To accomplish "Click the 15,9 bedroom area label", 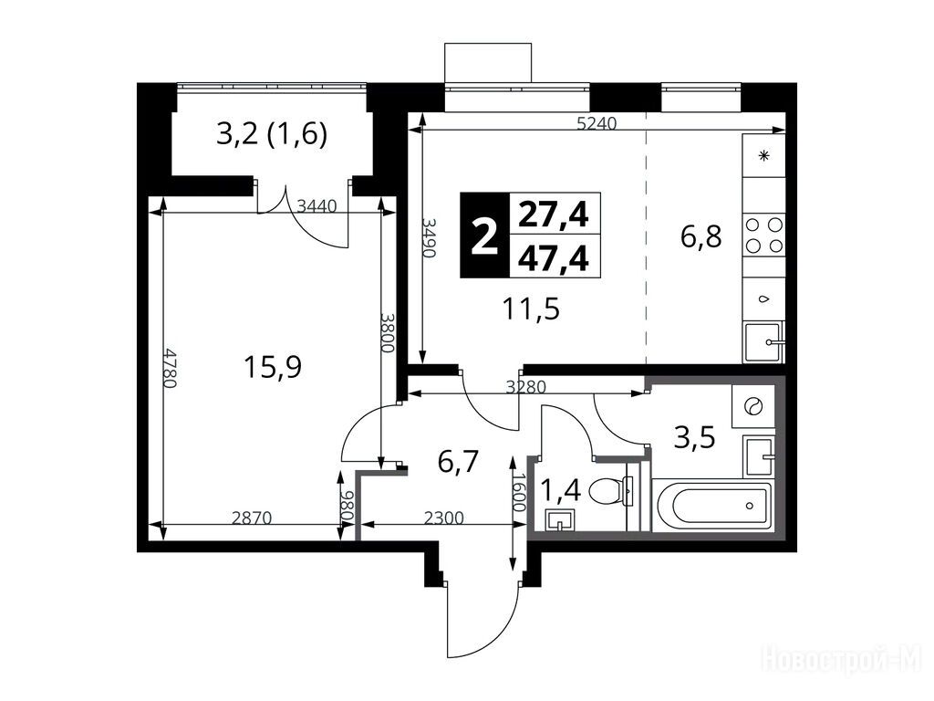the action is click(273, 367).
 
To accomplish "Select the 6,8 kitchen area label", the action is click(701, 236).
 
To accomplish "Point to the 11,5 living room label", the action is click(531, 309).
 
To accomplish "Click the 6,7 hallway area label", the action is click(458, 462).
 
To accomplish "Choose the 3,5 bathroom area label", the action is click(694, 438).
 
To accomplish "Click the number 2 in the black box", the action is click(484, 236).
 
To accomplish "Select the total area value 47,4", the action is click(554, 258).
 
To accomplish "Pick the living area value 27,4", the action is click(554, 214).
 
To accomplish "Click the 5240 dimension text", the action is click(597, 123).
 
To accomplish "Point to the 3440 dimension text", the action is click(317, 206).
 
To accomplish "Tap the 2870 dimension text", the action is click(252, 518).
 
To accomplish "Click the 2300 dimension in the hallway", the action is click(444, 518).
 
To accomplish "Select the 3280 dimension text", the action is click(525, 387).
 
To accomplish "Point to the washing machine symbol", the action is click(753, 406).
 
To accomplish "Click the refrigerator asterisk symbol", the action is click(763, 156).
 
